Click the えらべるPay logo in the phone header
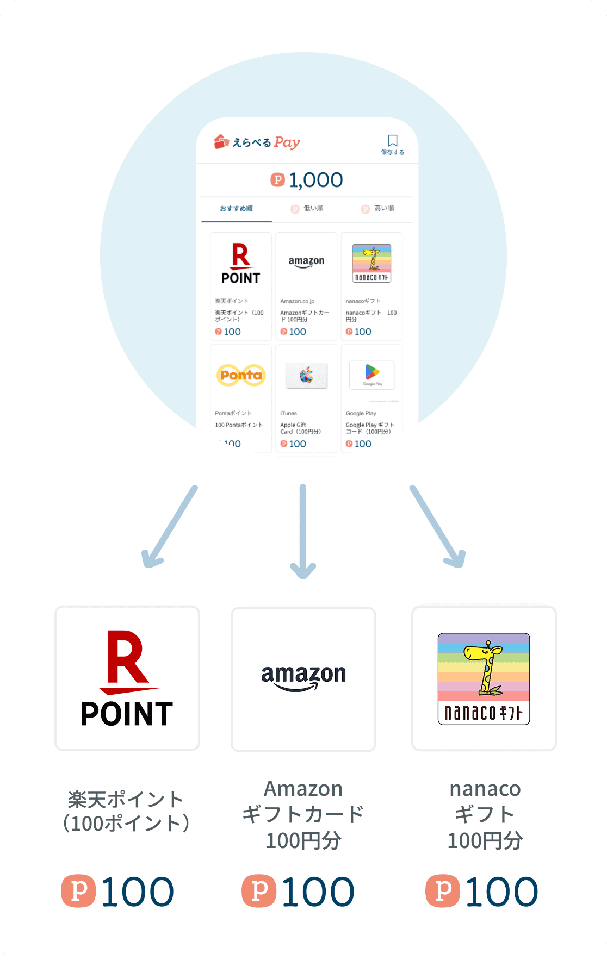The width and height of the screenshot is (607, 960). pyautogui.click(x=257, y=142)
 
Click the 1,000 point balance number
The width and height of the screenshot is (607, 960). pyautogui.click(x=315, y=180)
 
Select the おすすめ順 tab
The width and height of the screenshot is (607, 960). pyautogui.click(x=236, y=209)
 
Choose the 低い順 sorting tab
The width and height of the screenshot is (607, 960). pyautogui.click(x=308, y=209)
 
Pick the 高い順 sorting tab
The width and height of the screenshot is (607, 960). pyautogui.click(x=379, y=209)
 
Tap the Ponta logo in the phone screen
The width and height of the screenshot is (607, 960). pyautogui.click(x=240, y=375)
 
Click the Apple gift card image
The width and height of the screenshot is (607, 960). pyautogui.click(x=306, y=375)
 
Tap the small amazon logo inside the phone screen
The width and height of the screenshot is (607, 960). pyautogui.click(x=306, y=262)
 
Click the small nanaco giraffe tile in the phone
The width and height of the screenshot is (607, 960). pyautogui.click(x=371, y=263)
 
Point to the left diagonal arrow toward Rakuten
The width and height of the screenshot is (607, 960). pyautogui.click(x=168, y=527)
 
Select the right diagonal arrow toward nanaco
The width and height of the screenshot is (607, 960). pyautogui.click(x=438, y=527)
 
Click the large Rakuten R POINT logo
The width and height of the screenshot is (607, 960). pyautogui.click(x=127, y=678)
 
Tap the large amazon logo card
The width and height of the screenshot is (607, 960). pyautogui.click(x=303, y=678)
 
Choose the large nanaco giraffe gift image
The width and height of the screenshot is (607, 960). pyautogui.click(x=484, y=678)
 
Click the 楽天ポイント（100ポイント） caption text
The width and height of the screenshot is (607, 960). pyautogui.click(x=126, y=811)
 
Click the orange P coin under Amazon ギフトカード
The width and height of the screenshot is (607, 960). pyautogui.click(x=259, y=890)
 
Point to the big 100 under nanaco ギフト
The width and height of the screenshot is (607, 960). pyautogui.click(x=501, y=892)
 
